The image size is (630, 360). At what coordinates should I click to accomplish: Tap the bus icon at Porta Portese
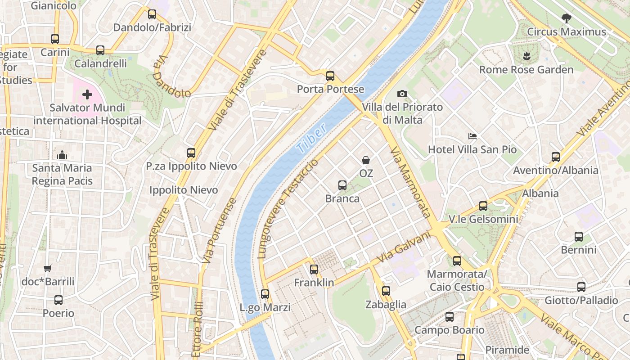(330, 76)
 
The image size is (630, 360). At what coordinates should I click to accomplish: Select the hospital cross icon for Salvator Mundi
(87, 94)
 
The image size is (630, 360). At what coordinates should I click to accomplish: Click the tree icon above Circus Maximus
(567, 18)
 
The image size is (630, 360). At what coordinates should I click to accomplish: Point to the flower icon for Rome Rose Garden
(526, 56)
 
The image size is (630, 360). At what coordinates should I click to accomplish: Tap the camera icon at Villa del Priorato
(402, 94)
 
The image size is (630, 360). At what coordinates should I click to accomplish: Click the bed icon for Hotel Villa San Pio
(472, 136)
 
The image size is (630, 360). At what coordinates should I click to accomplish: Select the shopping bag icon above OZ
(366, 160)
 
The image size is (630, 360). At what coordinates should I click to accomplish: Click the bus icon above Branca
(342, 185)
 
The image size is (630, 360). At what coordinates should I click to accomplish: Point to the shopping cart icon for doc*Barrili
(48, 268)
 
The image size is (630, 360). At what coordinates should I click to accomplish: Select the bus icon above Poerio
(58, 300)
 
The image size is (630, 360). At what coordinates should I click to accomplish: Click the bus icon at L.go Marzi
(265, 294)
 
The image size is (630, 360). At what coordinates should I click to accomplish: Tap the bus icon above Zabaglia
(386, 291)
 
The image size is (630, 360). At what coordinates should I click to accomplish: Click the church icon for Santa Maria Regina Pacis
(62, 155)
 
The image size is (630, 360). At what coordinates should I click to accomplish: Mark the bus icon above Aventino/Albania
(556, 157)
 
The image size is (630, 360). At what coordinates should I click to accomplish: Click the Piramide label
(507, 350)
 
